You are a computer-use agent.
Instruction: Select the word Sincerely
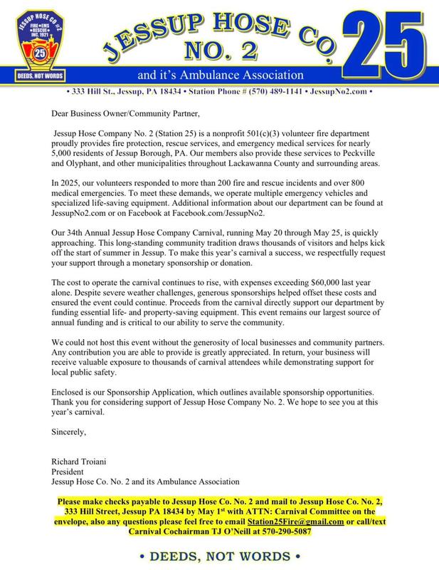click(x=71, y=431)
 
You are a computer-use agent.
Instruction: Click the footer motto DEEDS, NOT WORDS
click(x=219, y=554)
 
